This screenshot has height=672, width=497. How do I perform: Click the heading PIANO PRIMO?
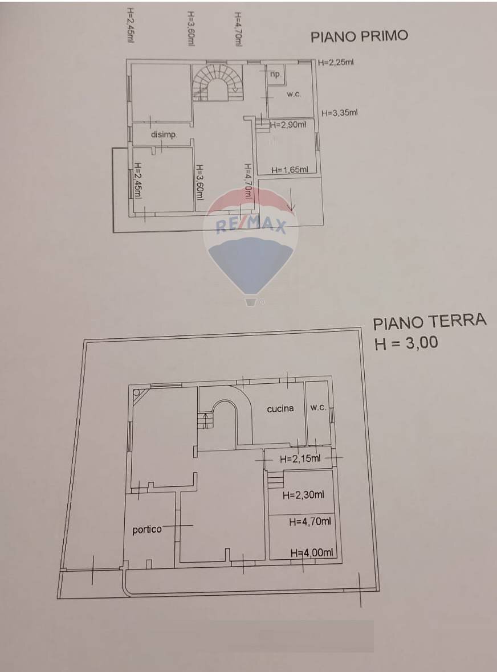[x=359, y=37]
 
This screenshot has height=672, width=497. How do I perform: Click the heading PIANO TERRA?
[x=429, y=322]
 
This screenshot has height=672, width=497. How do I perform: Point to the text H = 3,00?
[x=406, y=343]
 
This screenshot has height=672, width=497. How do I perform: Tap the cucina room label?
[x=280, y=408]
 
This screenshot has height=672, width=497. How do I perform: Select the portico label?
[x=147, y=530]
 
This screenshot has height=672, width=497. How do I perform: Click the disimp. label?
[x=164, y=135]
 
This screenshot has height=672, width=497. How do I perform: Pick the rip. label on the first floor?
[x=275, y=75]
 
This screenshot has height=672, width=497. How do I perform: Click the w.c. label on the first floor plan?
[x=294, y=95]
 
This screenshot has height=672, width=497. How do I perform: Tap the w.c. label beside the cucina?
[x=318, y=408]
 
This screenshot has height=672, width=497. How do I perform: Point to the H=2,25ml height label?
[x=336, y=63]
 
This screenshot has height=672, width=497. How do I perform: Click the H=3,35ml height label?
[x=340, y=113]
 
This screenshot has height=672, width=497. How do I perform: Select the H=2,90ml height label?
[x=288, y=125]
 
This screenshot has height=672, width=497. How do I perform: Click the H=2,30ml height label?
[x=304, y=495]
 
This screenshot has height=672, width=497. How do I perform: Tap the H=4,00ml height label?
[x=312, y=552]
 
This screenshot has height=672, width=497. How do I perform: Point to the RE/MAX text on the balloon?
[x=251, y=226]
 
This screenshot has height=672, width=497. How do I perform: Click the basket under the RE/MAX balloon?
[x=251, y=301]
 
